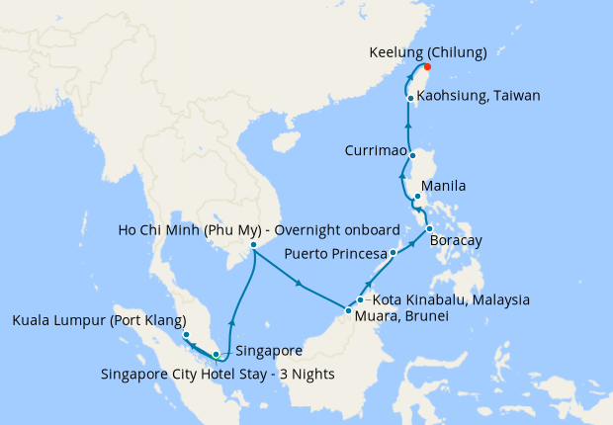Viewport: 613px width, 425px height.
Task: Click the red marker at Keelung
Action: coord(427,67)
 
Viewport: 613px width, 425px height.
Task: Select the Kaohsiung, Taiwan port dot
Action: coord(409,97)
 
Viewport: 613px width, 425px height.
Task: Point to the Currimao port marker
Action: coord(412,154)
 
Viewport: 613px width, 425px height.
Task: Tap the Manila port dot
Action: coord(417,197)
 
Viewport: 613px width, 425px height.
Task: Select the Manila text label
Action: coord(443,185)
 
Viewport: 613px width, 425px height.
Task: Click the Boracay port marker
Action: coord(429,230)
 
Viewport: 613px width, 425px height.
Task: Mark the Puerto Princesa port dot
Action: coord(393,253)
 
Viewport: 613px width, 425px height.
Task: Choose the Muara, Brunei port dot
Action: coord(347,312)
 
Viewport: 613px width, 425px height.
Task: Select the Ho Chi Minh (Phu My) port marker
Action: coord(253,244)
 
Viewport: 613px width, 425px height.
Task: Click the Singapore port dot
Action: coord(217,354)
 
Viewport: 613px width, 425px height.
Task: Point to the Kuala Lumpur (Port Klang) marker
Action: coord(186,335)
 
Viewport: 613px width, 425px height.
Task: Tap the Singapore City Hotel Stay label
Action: coord(218,374)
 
